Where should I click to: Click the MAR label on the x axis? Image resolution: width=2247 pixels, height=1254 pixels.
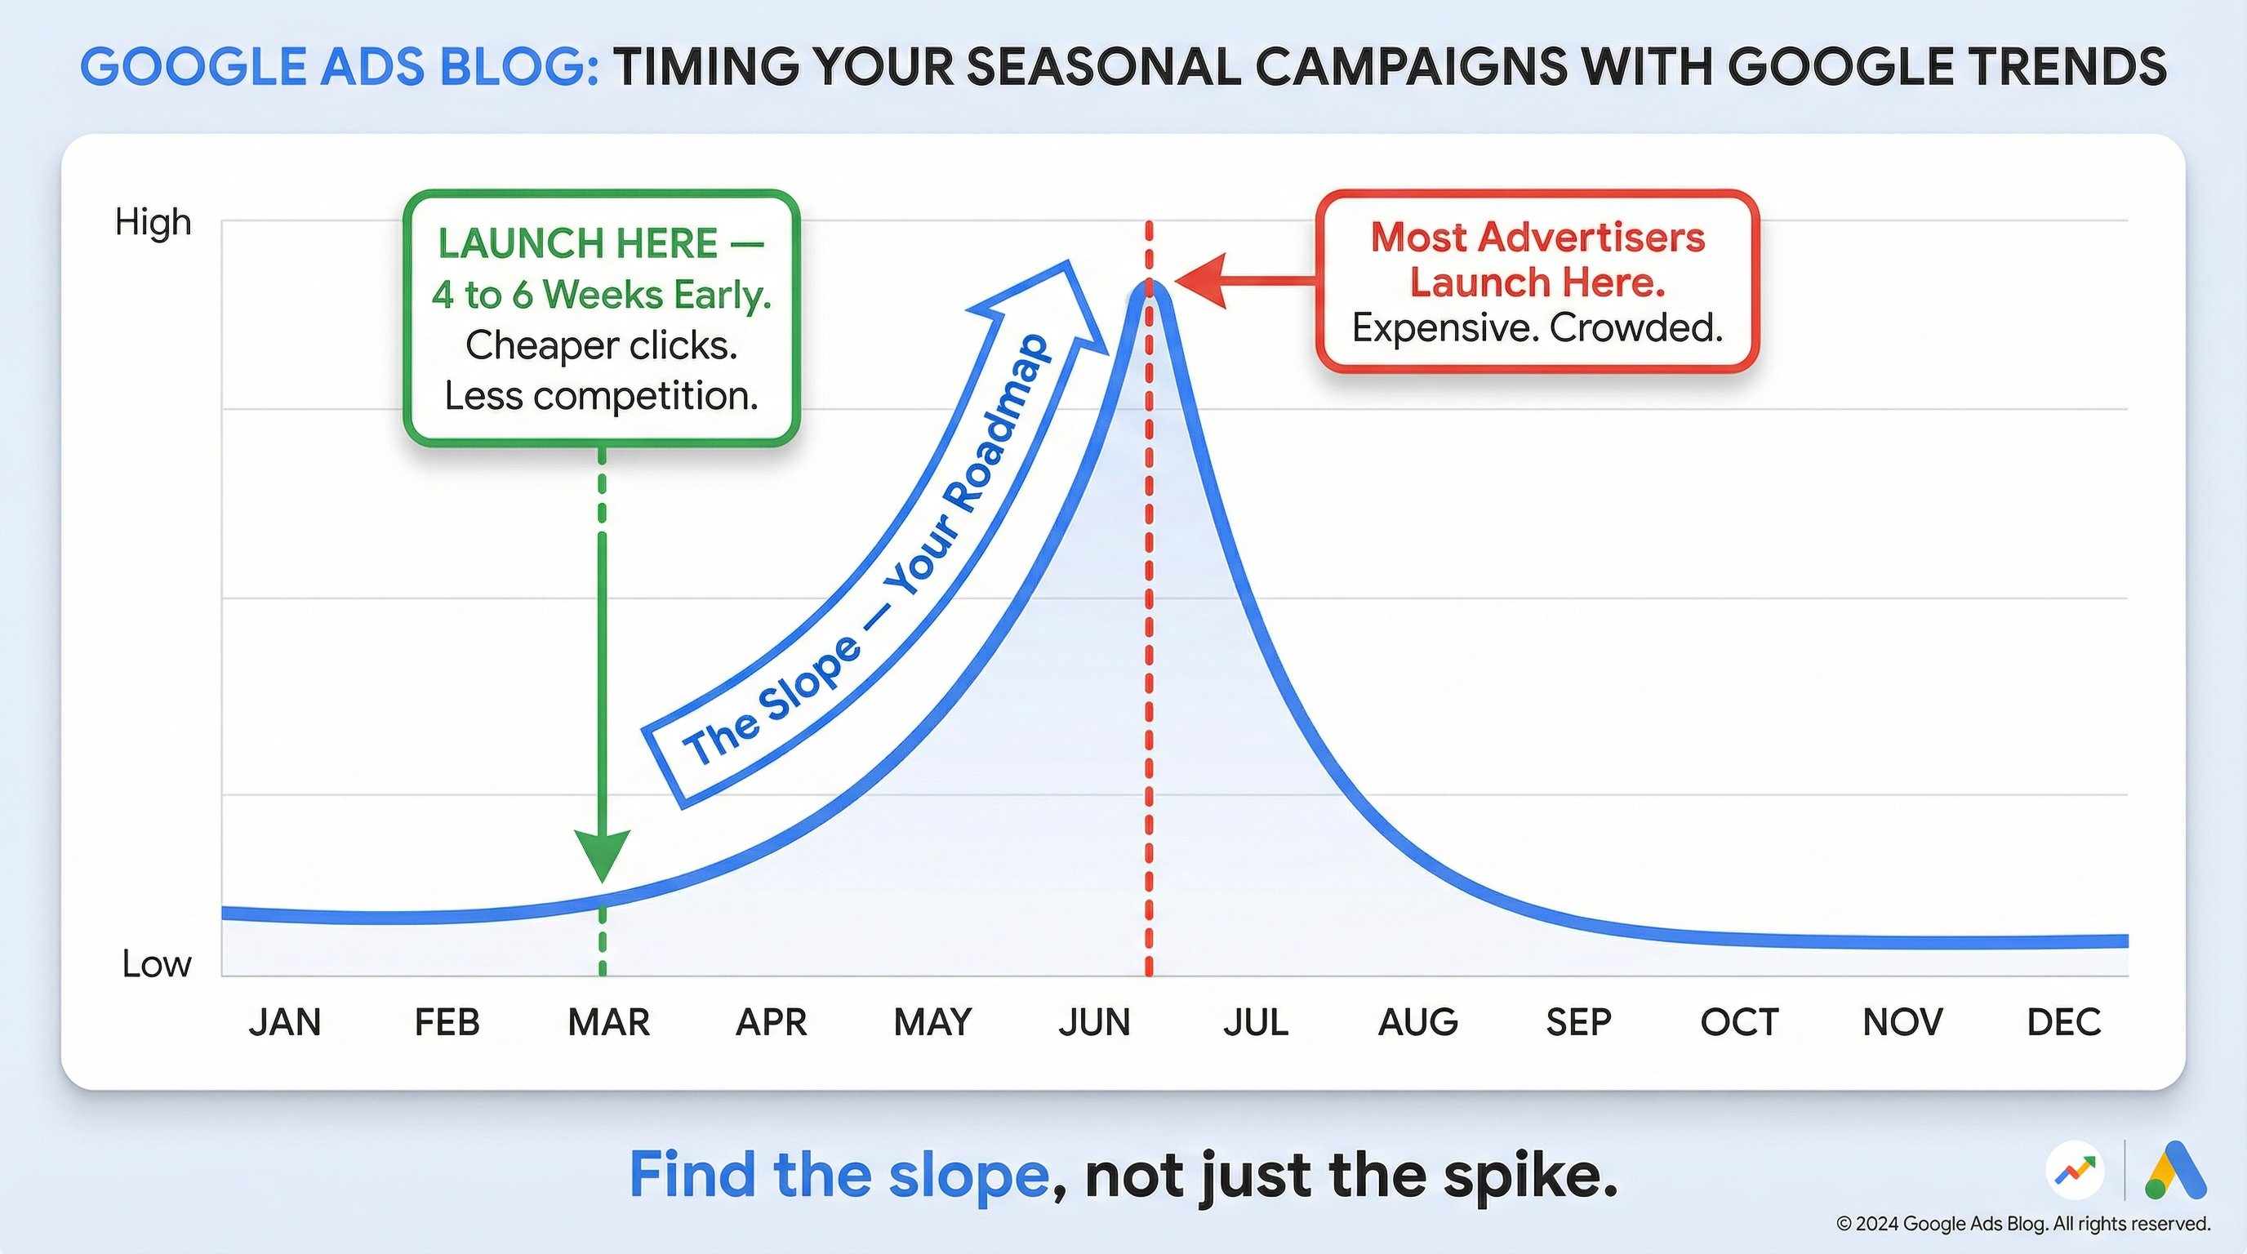pos(608,1022)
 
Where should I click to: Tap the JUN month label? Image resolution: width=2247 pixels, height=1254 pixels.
pos(1094,1022)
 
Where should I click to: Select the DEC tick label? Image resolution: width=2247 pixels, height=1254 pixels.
pos(2063,1022)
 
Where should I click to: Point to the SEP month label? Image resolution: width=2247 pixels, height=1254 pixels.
pos(1578,1022)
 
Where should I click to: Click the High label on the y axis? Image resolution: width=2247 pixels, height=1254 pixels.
pos(154,222)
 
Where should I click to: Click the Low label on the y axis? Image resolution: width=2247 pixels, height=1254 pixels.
pos(156,963)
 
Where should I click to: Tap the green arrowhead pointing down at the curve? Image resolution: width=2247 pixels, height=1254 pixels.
pos(602,855)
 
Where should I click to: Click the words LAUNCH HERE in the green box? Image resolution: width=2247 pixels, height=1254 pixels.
pos(578,243)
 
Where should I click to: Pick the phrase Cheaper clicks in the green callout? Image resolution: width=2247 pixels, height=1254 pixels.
pos(601,345)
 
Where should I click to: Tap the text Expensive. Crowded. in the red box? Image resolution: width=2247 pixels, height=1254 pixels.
pos(1537,329)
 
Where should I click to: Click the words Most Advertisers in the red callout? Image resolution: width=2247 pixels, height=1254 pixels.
pos(1537,238)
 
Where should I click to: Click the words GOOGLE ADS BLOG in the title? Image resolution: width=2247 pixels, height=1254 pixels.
pos(339,67)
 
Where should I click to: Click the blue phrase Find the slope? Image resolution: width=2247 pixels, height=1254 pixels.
pos(839,1175)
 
